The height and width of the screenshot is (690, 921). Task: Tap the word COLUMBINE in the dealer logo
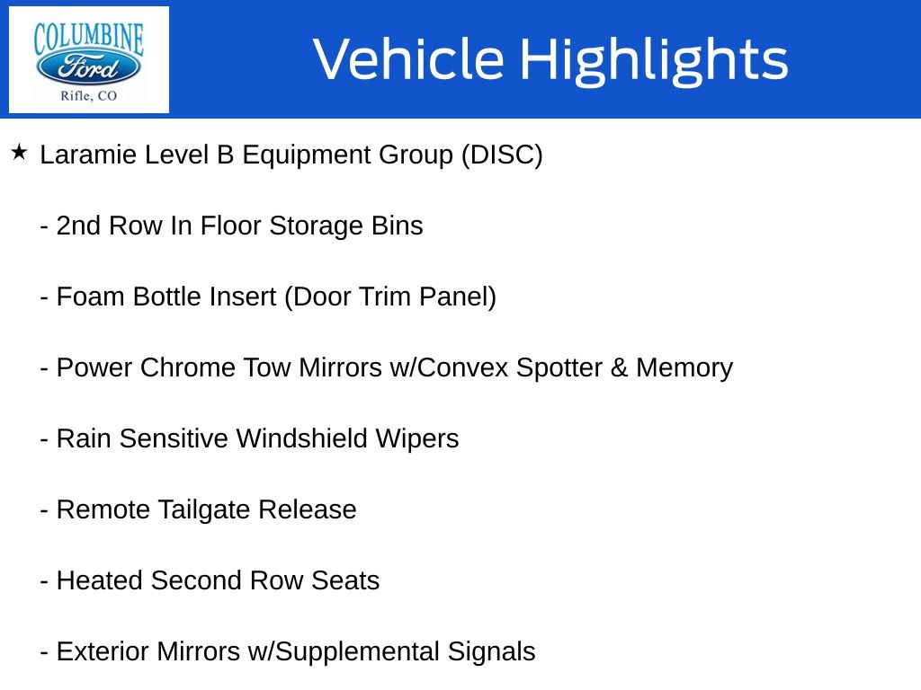(89, 38)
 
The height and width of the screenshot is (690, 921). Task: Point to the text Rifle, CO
(89, 95)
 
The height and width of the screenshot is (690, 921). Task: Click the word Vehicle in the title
(409, 58)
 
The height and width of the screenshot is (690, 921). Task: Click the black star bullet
(19, 153)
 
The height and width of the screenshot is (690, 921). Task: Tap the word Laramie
(88, 155)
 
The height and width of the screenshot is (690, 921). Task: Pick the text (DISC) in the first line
(502, 155)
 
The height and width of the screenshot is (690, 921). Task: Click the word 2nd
(78, 226)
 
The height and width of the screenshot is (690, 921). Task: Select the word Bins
(397, 226)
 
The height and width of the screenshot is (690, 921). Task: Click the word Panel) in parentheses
(458, 297)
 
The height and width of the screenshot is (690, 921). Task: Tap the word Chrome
(187, 367)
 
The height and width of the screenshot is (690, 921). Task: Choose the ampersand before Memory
(619, 367)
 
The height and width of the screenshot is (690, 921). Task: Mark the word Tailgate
(204, 510)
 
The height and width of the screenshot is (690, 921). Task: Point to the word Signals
(491, 652)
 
